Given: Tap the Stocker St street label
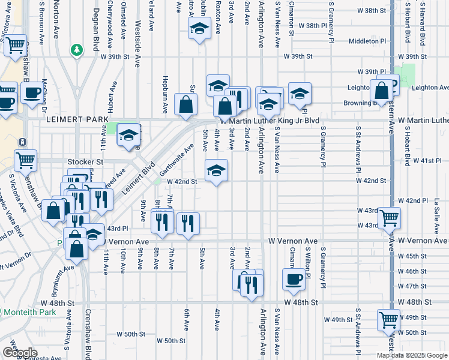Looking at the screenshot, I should (x=86, y=161).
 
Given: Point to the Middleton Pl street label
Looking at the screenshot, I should (x=367, y=41).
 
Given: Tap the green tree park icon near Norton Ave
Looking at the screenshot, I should (x=77, y=49).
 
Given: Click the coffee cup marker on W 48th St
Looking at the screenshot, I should (x=294, y=279).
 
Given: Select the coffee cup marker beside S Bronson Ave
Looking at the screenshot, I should (x=32, y=93).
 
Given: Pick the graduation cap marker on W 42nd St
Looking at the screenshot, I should (x=217, y=170).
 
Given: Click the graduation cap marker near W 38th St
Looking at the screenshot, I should (x=199, y=28).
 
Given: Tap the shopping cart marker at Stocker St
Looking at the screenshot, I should (x=25, y=160).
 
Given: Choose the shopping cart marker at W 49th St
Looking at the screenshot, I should (x=388, y=319).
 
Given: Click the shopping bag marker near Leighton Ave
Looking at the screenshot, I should (x=381, y=91).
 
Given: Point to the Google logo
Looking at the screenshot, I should (x=19, y=353).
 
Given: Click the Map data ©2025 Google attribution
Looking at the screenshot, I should (x=412, y=355).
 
